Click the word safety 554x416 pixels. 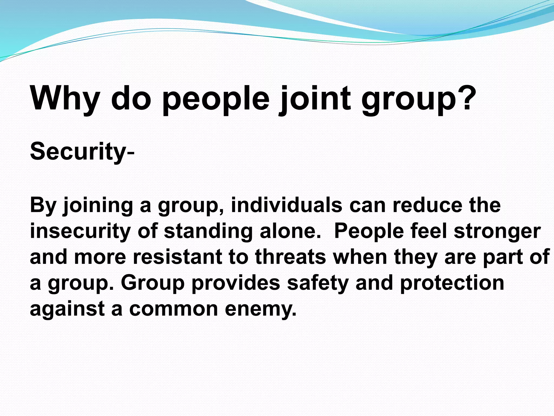318,283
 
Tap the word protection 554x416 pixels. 452,283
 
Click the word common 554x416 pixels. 173,309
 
